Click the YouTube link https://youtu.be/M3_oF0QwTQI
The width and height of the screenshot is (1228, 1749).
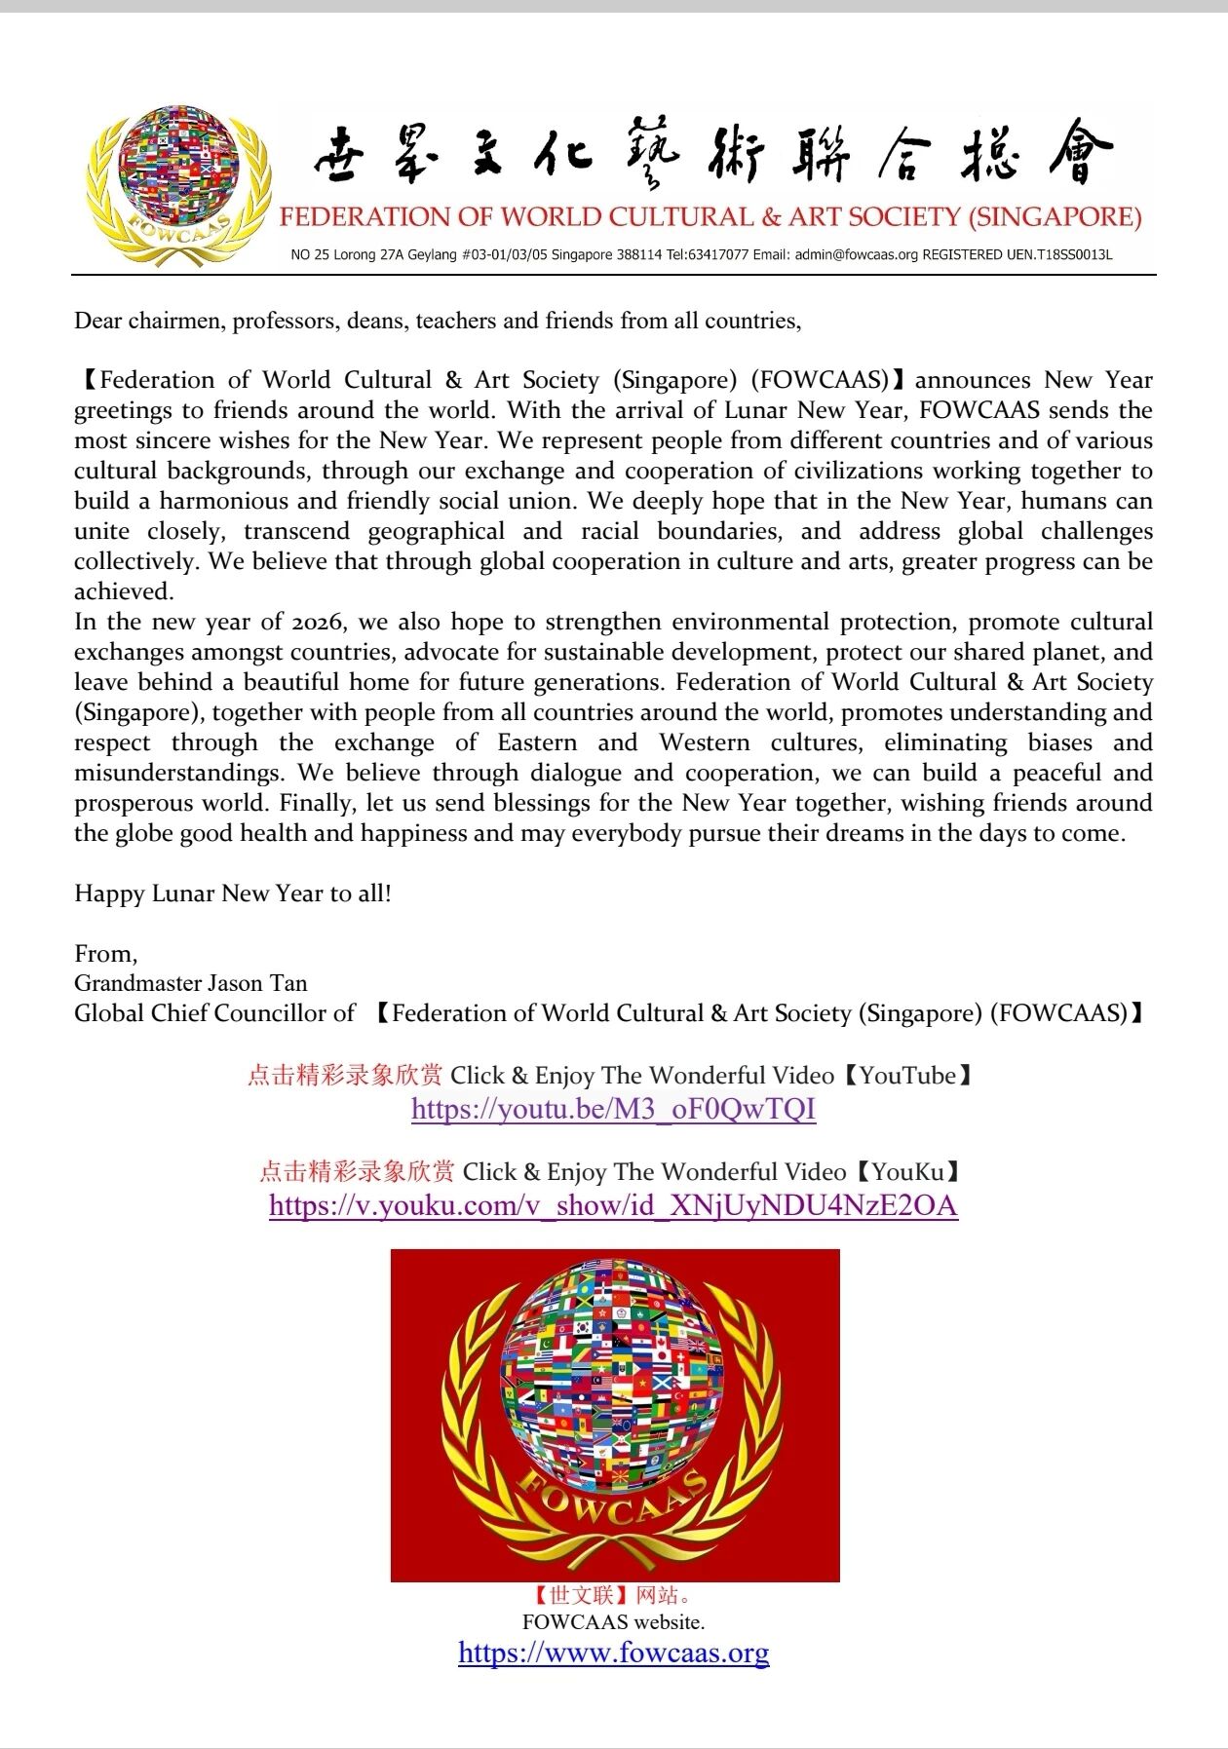613,1109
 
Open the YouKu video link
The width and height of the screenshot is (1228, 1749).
613,1205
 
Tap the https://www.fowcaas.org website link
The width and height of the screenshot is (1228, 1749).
613,1653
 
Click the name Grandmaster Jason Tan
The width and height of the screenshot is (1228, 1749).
191,983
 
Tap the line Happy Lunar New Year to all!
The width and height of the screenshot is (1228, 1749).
233,894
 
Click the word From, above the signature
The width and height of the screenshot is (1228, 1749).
105,954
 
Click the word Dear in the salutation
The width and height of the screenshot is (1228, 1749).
97,321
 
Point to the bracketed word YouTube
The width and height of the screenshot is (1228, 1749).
907,1076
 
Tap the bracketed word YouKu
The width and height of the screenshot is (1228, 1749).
908,1172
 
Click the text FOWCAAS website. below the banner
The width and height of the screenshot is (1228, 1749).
613,1622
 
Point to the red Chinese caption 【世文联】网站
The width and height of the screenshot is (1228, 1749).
613,1595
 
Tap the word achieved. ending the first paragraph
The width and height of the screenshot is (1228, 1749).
124,591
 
